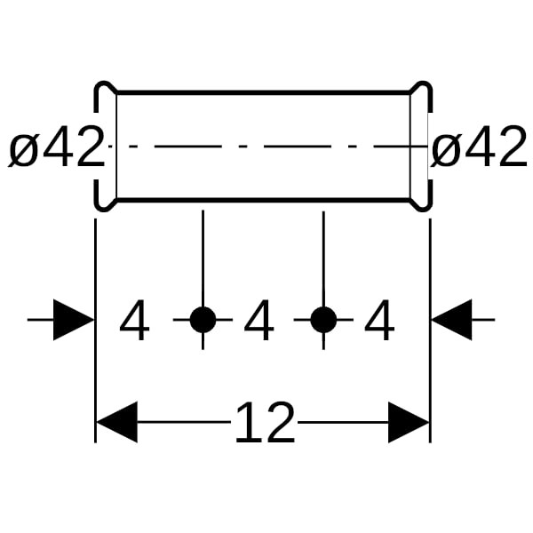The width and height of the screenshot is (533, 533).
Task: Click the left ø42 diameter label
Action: point(56,148)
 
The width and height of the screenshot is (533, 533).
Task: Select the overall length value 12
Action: point(264,423)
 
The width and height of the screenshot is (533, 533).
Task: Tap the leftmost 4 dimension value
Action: point(134,322)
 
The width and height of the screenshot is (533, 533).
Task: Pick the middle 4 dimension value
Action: point(259,322)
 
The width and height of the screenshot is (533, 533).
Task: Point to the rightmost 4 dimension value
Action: point(379,322)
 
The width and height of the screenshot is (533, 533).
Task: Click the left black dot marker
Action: point(203,320)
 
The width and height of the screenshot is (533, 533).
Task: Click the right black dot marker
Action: point(323,320)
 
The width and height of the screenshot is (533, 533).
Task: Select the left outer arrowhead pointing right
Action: point(73,320)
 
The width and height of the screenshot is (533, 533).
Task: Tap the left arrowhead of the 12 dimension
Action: point(116,422)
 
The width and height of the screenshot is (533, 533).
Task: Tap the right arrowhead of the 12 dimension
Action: point(409,422)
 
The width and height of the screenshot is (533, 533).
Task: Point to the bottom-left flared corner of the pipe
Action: point(105,203)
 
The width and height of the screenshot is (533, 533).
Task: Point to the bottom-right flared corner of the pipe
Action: point(421,203)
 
